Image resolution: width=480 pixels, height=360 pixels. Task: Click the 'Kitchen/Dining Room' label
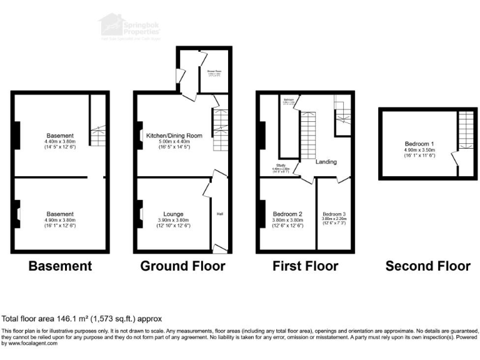click(x=174, y=136)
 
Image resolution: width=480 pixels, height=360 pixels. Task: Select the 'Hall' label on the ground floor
click(x=220, y=214)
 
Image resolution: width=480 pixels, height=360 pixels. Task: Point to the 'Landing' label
click(x=326, y=162)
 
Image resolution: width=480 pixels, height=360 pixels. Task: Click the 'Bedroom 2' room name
click(x=287, y=213)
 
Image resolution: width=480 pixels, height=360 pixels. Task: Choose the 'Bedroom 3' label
click(x=334, y=214)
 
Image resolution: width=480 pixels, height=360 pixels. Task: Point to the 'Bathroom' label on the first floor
click(x=289, y=100)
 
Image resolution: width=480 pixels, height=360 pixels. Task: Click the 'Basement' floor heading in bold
click(x=61, y=266)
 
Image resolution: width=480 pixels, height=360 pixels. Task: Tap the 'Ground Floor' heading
click(x=182, y=266)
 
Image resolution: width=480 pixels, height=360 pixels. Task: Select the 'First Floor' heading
click(x=305, y=266)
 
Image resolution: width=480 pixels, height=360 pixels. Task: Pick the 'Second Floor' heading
click(x=427, y=266)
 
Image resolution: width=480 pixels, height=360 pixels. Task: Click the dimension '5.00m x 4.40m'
click(x=174, y=142)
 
